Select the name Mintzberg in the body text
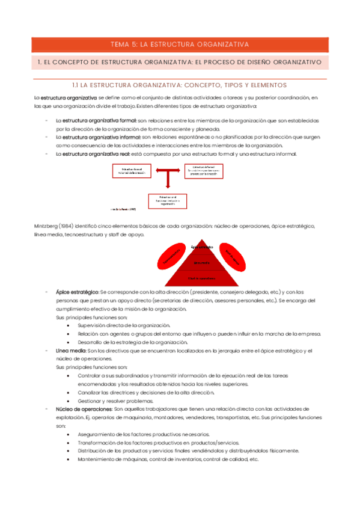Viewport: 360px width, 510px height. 46,226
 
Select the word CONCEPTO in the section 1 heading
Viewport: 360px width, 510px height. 79,62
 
